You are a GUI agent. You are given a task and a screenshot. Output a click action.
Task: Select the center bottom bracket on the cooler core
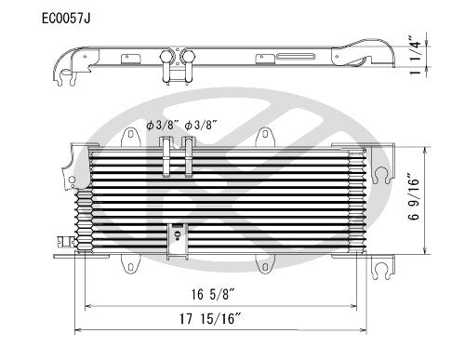(x=176, y=237)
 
